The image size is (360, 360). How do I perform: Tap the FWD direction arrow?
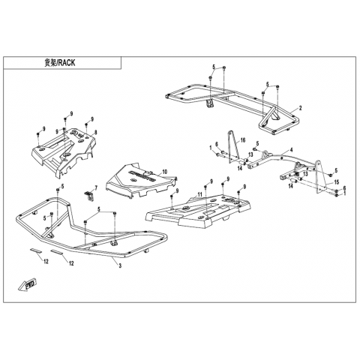[x=28, y=285]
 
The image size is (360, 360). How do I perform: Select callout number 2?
[x=301, y=108]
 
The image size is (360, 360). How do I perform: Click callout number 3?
[x=120, y=265]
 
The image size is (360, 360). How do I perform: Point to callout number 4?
[x=291, y=150]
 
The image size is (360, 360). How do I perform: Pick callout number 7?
[x=96, y=187]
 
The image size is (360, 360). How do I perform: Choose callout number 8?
[x=96, y=132]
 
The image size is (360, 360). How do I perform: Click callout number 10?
[x=165, y=172]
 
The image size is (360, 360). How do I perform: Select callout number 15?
[x=337, y=182]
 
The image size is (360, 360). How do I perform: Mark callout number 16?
[x=243, y=140]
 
